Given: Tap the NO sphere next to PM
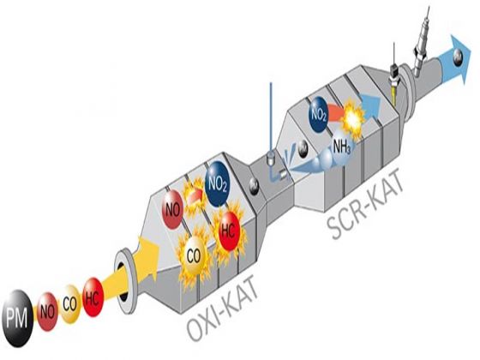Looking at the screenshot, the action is pos(47,312).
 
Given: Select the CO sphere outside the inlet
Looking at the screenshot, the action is pos(70,304).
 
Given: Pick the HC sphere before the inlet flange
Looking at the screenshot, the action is pos(93,297).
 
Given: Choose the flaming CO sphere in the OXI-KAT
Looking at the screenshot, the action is pos(194,255).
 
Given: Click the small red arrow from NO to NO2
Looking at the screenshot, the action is pos(195,195).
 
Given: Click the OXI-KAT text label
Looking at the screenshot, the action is pos(222,306).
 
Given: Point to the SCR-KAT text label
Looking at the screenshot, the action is pos(364,204).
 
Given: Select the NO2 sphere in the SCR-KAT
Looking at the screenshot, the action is pos(319,115).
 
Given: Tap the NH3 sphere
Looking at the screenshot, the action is pos(341,147).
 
